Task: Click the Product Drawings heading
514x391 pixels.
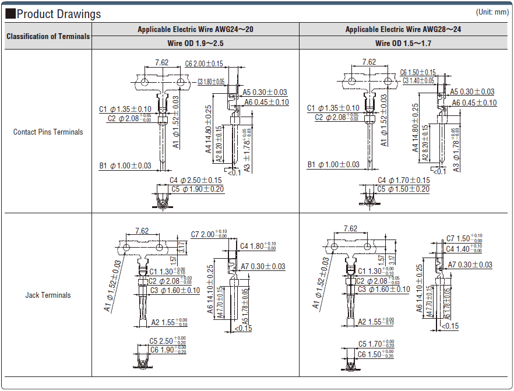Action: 58,14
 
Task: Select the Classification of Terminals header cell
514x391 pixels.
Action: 48,36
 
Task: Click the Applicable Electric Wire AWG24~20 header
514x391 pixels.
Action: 196,29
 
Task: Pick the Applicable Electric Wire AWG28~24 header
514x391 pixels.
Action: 403,29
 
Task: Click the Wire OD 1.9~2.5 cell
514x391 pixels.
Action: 196,43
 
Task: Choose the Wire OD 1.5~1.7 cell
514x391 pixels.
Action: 403,43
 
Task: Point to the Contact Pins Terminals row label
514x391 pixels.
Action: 48,132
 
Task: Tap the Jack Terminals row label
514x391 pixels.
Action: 48,295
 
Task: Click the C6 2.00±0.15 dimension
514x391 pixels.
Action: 204,64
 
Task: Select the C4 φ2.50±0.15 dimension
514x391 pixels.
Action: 195,180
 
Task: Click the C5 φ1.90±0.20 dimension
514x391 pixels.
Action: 198,189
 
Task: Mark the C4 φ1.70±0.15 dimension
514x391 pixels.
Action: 404,180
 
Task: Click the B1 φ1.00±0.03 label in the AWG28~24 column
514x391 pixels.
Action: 333,165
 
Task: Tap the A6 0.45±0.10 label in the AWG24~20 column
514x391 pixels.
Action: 266,102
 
